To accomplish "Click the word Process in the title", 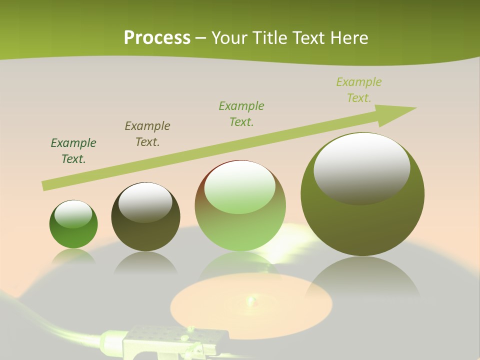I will click(157, 37).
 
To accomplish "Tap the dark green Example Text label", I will click(73, 150).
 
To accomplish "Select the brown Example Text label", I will click(147, 133).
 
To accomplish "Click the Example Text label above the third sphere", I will click(241, 113).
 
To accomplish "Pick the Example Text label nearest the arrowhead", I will click(359, 89).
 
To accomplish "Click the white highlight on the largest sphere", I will click(361, 167).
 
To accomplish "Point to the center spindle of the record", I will click(250, 300).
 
